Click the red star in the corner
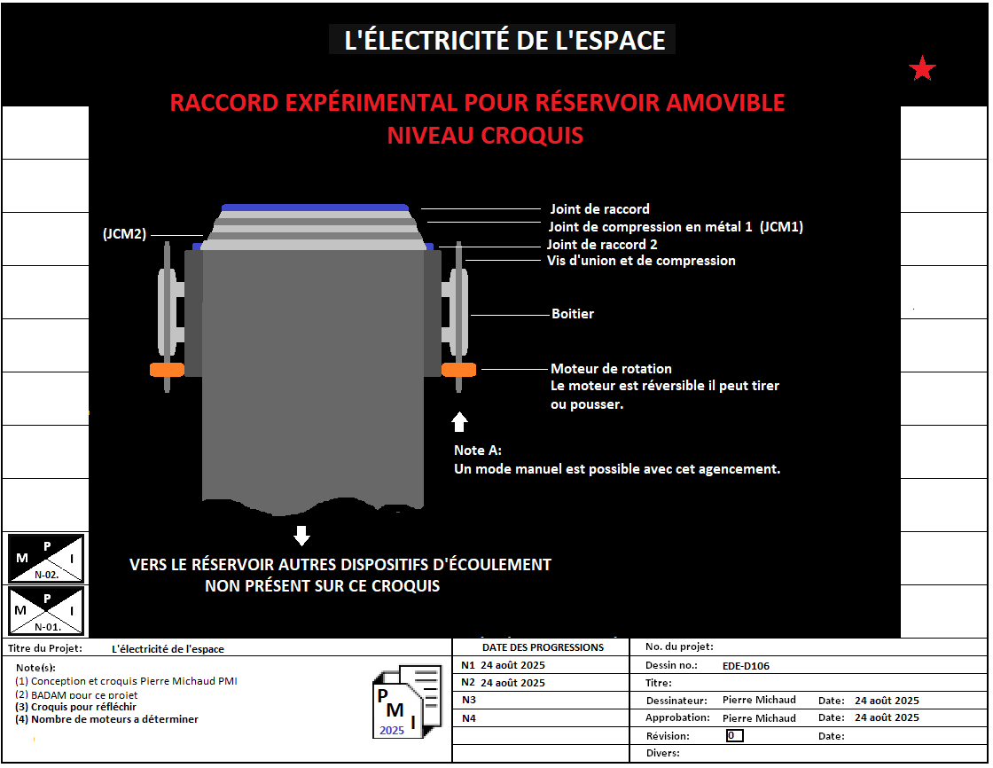click(922, 68)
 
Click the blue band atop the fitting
click(315, 208)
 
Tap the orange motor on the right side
click(458, 370)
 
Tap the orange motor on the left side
click(168, 370)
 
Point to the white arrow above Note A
click(459, 422)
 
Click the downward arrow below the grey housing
click(302, 536)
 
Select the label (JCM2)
click(125, 234)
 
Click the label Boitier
click(573, 314)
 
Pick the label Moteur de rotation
click(611, 369)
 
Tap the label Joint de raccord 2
click(602, 245)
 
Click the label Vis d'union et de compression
click(642, 261)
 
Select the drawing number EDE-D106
click(746, 666)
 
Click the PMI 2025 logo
click(407, 701)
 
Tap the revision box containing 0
click(735, 736)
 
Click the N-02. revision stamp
click(45, 558)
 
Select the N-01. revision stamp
click(45, 611)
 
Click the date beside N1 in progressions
click(513, 665)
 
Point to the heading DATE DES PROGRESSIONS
click(543, 647)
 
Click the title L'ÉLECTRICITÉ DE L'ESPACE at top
click(504, 40)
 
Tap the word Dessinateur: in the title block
click(676, 701)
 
